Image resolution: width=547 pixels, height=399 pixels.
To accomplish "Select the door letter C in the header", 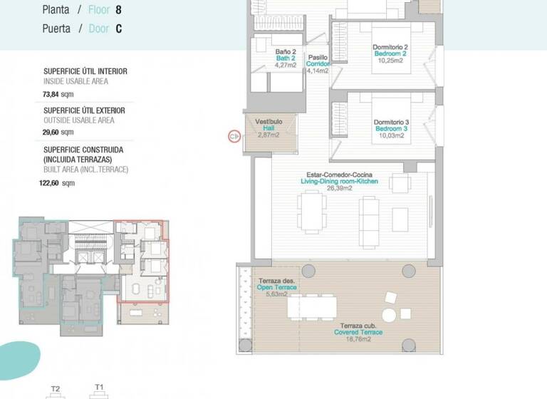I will click(118, 29).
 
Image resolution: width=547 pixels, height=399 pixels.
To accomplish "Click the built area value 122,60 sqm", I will click(57, 183).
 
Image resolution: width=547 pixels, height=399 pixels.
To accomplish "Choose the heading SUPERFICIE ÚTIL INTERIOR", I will click(85, 71).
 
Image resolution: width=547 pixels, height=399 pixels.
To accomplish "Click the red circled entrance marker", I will click(232, 135).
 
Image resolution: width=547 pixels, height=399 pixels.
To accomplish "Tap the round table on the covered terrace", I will click(389, 314).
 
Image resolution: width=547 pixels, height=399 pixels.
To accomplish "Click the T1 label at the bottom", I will click(99, 388).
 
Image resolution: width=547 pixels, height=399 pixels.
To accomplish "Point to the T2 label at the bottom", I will click(56, 389).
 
